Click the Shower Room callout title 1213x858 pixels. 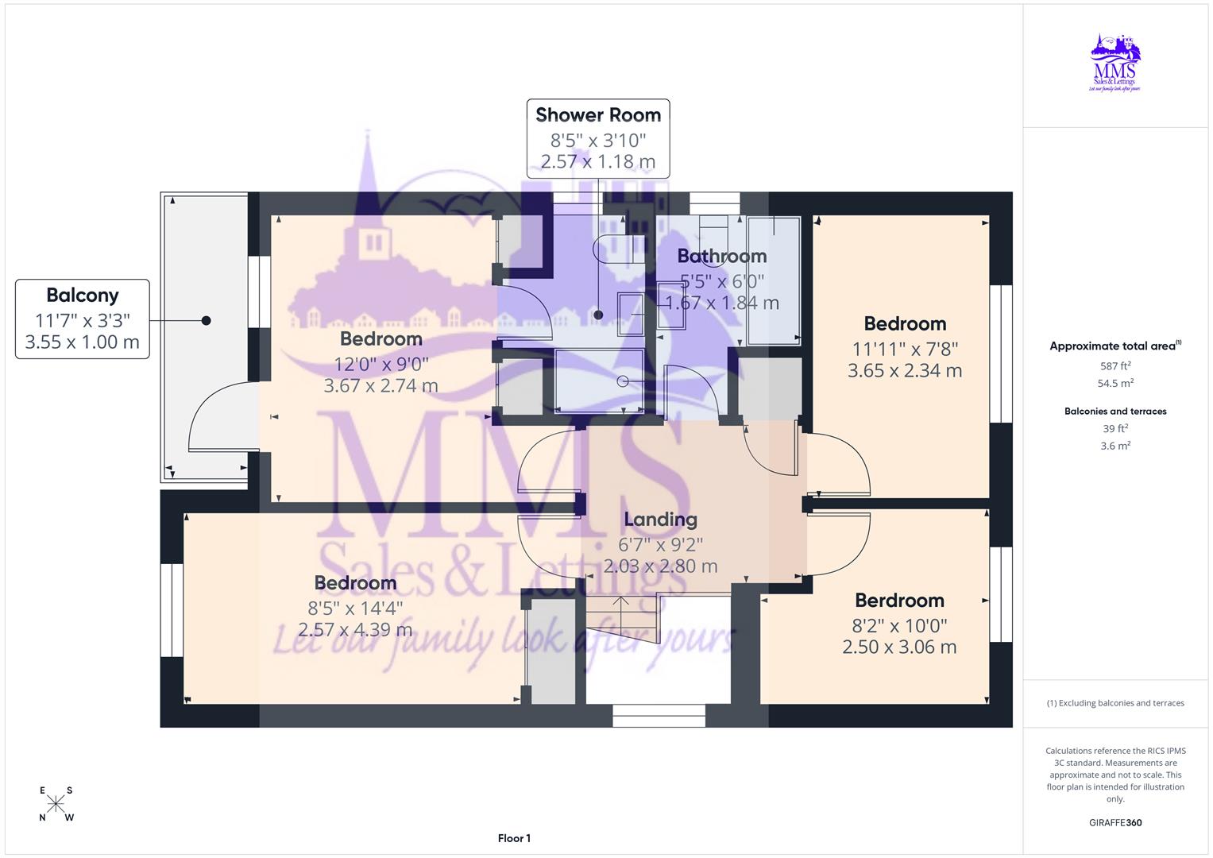tap(597, 115)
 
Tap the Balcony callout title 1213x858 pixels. tap(83, 296)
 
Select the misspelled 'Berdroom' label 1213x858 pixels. tap(899, 601)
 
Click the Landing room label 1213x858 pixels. tap(660, 520)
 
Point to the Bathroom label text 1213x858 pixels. tap(721, 256)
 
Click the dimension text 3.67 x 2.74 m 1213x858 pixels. tap(381, 386)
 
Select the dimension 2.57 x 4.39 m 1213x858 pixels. tap(355, 630)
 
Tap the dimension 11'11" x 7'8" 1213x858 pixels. tap(905, 349)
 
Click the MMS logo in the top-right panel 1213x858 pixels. tap(1115, 62)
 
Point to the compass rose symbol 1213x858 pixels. tap(56, 804)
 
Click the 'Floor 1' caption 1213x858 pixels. tap(514, 838)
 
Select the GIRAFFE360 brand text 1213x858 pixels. tap(1115, 822)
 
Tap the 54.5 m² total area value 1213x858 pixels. tap(1115, 383)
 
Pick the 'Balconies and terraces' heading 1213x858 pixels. tap(1115, 412)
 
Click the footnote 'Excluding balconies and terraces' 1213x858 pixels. tap(1115, 703)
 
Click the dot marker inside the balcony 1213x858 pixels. tap(206, 321)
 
